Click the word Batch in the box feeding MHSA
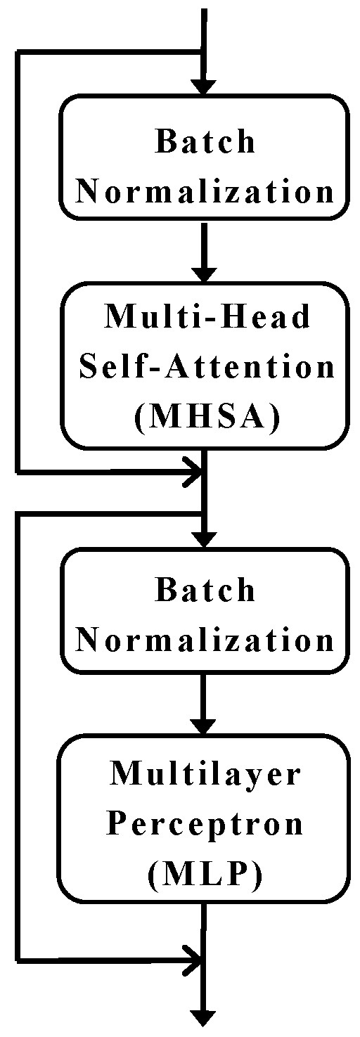(x=205, y=143)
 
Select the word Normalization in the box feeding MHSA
(x=205, y=192)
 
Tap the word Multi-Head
(x=207, y=318)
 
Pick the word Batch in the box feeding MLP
(x=205, y=591)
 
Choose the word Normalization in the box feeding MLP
(x=205, y=640)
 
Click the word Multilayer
(x=205, y=774)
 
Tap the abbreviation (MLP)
(x=205, y=874)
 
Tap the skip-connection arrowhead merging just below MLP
(x=192, y=958)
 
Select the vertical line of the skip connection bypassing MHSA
(x=18, y=260)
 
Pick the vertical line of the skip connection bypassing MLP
(x=18, y=738)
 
